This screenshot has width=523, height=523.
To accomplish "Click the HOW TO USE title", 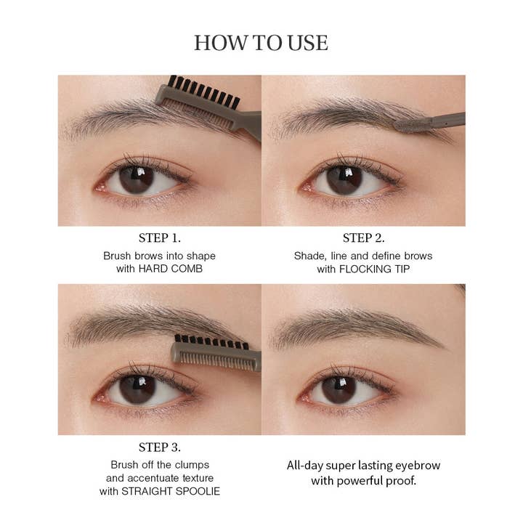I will click(261, 43).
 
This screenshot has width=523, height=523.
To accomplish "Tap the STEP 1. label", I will click(159, 238).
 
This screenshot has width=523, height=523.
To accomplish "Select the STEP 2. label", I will click(363, 238).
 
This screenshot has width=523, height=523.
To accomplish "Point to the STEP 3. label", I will click(159, 447).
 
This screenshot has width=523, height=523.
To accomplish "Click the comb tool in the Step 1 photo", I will click(211, 105).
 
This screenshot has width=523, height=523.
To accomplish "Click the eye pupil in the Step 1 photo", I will click(136, 179).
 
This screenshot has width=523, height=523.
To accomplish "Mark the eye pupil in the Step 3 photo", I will click(136, 389).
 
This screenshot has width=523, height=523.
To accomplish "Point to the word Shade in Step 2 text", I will click(309, 256).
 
